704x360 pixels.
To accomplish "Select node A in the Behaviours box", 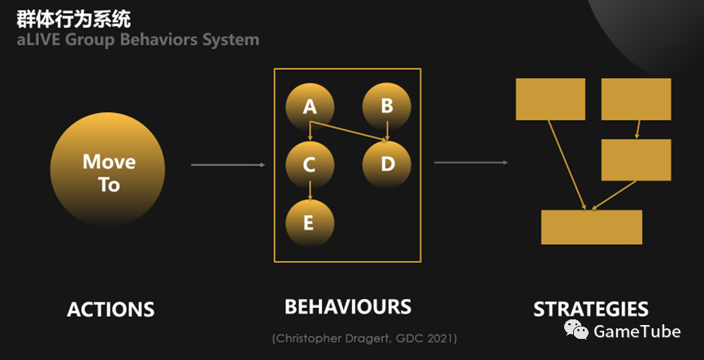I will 310,106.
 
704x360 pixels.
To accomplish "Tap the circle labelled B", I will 387,106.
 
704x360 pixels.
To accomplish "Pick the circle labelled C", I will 310,164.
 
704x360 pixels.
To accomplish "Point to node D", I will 387,164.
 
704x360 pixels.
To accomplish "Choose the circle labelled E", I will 310,222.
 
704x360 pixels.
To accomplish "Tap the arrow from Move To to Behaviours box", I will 228,165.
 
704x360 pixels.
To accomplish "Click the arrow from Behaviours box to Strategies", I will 471,163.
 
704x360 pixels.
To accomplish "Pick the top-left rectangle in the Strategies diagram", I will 550,99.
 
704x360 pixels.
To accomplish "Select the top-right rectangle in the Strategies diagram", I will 636,99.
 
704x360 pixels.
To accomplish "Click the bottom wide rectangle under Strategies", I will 592,228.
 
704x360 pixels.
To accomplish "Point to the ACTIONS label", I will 111,310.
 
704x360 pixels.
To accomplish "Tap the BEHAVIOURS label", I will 348,306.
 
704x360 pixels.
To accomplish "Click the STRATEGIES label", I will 591,310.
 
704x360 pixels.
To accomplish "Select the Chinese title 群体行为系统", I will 73,19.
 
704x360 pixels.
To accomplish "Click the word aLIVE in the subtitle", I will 38,40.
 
